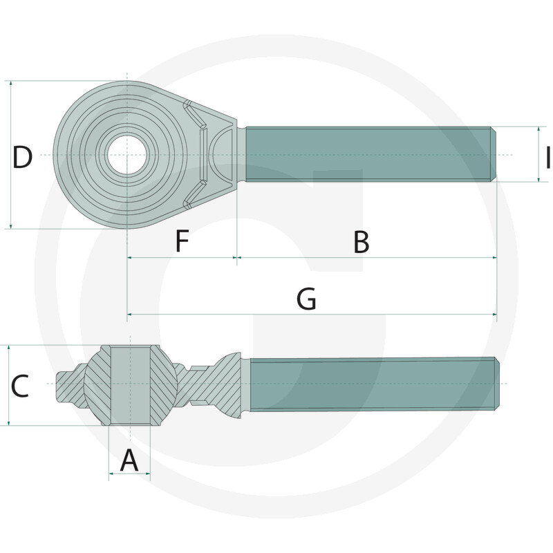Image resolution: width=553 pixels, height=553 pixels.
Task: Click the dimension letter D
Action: click(22, 158)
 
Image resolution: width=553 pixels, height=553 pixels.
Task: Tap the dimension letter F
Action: click(181, 242)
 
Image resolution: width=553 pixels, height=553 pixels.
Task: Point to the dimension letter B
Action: click(361, 243)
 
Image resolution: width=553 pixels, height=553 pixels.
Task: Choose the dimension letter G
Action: click(306, 300)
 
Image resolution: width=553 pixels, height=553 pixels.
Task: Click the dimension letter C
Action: click(19, 386)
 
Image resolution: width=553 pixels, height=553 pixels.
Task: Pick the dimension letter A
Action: click(129, 460)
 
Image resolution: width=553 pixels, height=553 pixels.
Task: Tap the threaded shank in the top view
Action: click(366, 154)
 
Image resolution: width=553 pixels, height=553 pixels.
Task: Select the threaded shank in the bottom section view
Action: click(370, 384)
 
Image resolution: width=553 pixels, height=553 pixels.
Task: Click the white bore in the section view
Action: click(130, 384)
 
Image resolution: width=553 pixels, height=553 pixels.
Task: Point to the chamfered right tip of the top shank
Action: click(494, 154)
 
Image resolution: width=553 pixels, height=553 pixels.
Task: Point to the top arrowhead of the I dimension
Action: click(539, 129)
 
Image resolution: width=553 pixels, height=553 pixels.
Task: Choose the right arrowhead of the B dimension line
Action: click(494, 258)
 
